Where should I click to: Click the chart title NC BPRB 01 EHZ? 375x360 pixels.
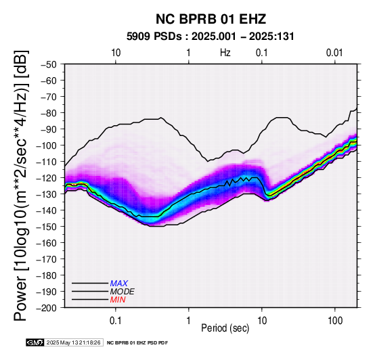[x=211, y=19]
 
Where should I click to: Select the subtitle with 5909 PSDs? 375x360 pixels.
[x=211, y=37]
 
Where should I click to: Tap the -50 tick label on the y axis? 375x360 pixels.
[x=49, y=64]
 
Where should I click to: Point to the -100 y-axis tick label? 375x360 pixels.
[x=47, y=145]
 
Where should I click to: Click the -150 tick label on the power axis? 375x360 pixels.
[x=47, y=227]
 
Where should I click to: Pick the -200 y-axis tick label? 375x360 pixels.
[x=47, y=308]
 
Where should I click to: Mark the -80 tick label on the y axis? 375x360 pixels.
[x=49, y=113]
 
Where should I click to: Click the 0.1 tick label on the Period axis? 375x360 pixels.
[x=116, y=321]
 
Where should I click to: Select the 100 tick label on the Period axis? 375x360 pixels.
[x=335, y=321]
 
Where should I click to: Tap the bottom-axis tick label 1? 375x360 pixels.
[x=189, y=321]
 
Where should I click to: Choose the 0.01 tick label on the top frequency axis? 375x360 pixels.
[x=334, y=53]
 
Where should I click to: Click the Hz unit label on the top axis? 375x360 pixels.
[x=225, y=53]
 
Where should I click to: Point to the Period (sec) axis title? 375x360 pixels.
[x=225, y=328]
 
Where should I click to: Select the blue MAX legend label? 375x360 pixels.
[x=119, y=284]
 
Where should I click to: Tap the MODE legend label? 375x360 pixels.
[x=123, y=292]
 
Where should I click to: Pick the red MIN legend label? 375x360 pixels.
[x=118, y=300]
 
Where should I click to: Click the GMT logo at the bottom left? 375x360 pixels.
[x=35, y=342]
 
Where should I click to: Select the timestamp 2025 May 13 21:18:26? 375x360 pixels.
[x=74, y=342]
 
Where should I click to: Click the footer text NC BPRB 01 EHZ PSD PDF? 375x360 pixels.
[x=137, y=343]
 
